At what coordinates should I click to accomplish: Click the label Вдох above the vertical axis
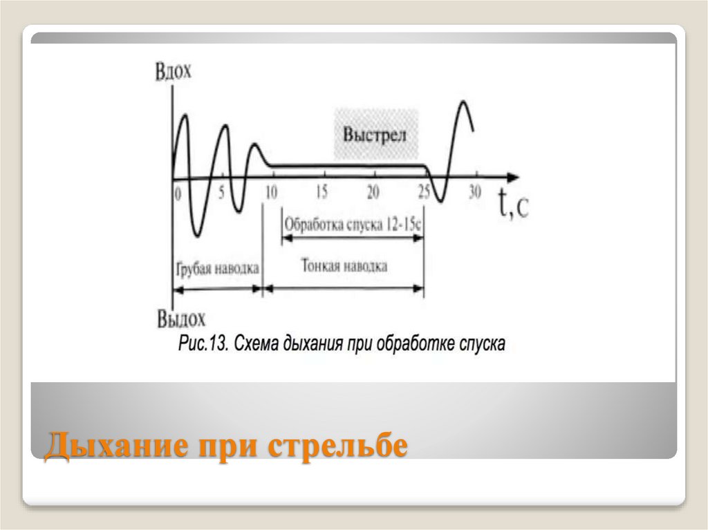tap(174, 72)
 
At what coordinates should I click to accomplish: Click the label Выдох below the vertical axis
tap(182, 319)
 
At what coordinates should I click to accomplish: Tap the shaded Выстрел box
tap(376, 134)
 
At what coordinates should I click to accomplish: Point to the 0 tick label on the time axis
tap(178, 193)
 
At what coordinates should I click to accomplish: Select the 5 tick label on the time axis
tap(221, 193)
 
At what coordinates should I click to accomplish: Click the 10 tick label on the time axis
tap(271, 193)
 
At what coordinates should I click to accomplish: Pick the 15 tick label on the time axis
tap(322, 193)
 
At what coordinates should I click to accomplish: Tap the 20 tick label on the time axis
tap(373, 193)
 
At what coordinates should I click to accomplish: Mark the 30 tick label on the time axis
tap(474, 193)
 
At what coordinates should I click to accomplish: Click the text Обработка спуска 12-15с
tap(353, 224)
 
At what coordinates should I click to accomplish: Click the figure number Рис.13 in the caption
tap(203, 343)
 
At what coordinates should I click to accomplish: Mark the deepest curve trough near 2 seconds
tap(197, 236)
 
